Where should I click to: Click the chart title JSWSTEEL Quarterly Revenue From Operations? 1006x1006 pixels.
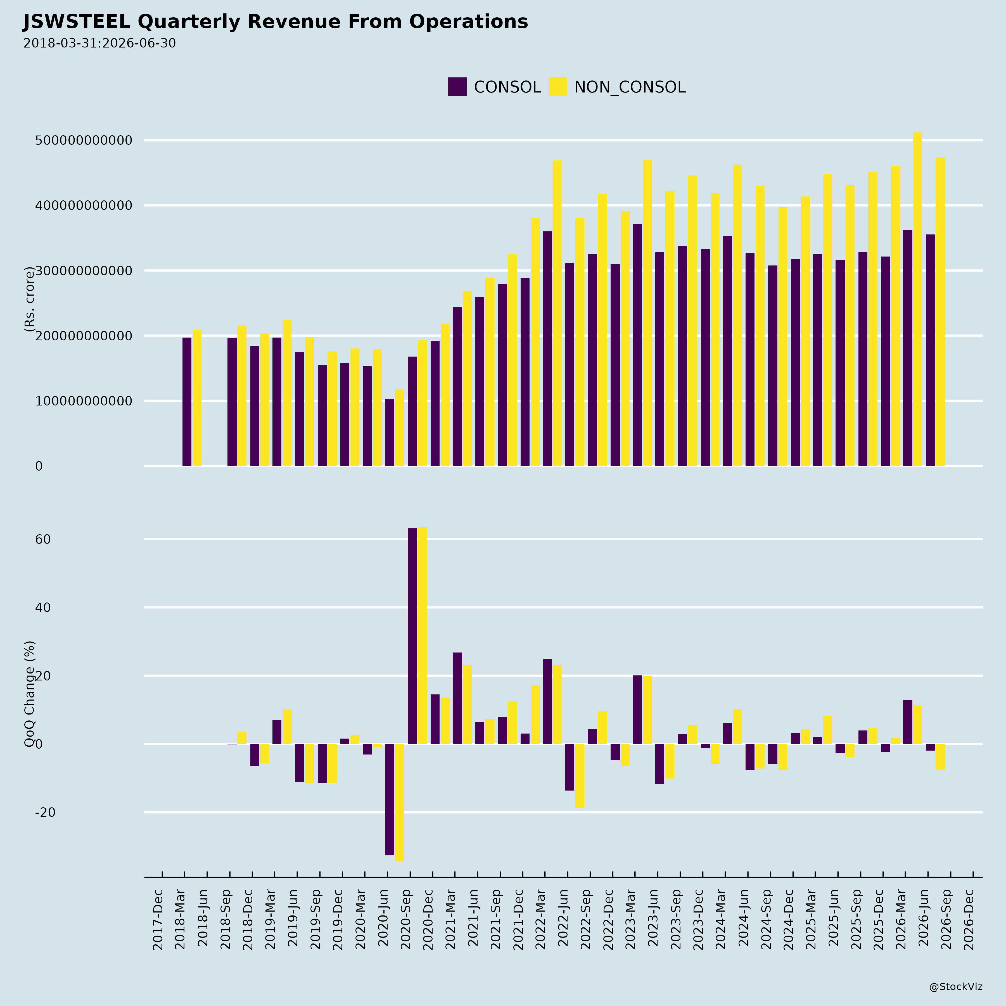pyautogui.click(x=276, y=22)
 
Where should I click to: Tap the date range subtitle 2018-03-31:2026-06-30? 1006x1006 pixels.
pyautogui.click(x=99, y=43)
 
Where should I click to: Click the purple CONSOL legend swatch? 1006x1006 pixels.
pyautogui.click(x=457, y=86)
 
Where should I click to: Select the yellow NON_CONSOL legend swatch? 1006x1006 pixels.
pyautogui.click(x=558, y=86)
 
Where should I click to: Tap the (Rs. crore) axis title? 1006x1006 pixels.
pyautogui.click(x=29, y=299)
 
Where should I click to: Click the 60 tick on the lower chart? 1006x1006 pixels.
pyautogui.click(x=43, y=539)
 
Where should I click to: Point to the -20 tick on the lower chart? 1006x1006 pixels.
pyautogui.click(x=45, y=812)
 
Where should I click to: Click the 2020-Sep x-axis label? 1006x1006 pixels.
pyautogui.click(x=406, y=920)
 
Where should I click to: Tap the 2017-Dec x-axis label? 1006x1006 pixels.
pyautogui.click(x=158, y=920)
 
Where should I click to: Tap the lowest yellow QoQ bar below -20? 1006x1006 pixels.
pyautogui.click(x=399, y=802)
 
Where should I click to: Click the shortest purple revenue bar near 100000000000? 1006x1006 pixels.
pyautogui.click(x=390, y=432)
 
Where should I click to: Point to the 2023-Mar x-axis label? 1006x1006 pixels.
pyautogui.click(x=631, y=920)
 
